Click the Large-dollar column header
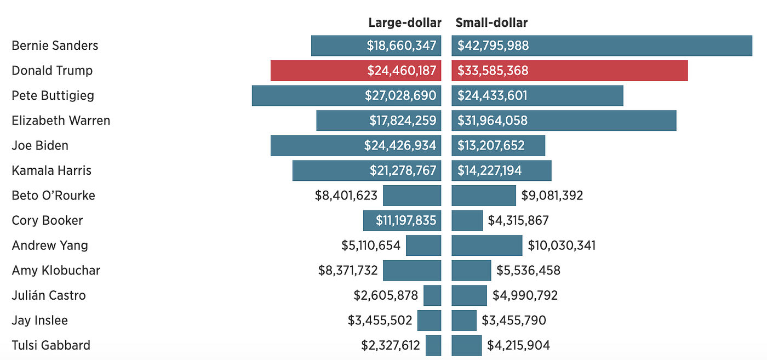404,22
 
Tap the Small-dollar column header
491,22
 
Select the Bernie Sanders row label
55,45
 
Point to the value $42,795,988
493,45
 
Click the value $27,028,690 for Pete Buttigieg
400,96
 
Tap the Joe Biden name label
40,146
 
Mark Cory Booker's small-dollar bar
467,221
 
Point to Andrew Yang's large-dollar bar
423,245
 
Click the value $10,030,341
562,245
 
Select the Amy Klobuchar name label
56,271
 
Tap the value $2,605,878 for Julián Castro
386,296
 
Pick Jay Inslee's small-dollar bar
464,321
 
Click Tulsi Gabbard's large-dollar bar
433,346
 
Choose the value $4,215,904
518,346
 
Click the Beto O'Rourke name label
53,196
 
